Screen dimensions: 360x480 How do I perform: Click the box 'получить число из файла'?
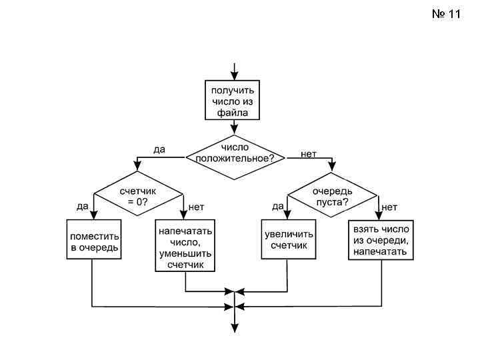[x=233, y=101]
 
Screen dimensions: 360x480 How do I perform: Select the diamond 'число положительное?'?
[x=235, y=157]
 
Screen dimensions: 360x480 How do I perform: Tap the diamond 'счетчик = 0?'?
[x=139, y=195]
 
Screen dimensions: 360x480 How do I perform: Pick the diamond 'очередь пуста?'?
[x=332, y=195]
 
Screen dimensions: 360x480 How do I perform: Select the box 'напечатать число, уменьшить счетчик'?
[x=185, y=246]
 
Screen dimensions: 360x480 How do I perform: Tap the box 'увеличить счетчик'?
[x=288, y=239]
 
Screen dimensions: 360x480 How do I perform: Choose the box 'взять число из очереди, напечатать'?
[x=382, y=239]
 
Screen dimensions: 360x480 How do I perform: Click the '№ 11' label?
[x=447, y=13]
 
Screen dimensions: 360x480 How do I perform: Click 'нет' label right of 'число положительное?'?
[x=309, y=153]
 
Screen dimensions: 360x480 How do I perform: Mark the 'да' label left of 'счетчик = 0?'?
[x=82, y=206]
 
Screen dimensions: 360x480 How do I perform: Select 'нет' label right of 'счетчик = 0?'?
[x=196, y=207]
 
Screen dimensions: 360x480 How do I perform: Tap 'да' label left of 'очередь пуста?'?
[x=277, y=206]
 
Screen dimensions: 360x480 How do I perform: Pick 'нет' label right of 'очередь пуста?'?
[x=389, y=207]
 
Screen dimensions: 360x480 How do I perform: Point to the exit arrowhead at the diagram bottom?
[x=234, y=327]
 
